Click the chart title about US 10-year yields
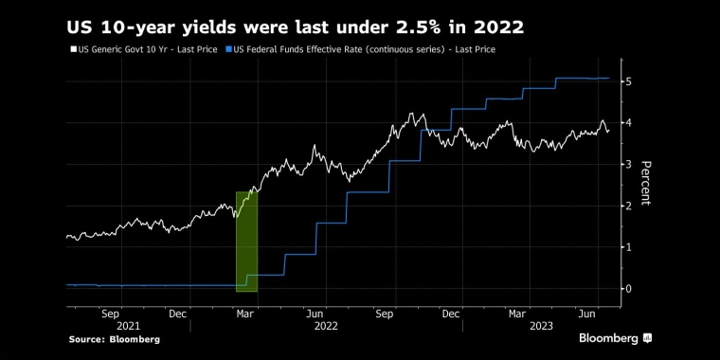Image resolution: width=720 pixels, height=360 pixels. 295,27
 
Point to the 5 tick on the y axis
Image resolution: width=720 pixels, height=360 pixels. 629,81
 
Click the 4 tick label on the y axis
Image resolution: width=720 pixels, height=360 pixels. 629,123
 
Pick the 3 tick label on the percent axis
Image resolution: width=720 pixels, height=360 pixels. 629,165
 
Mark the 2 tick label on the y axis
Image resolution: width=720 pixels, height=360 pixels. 629,206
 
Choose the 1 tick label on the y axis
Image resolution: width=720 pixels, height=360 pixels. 629,247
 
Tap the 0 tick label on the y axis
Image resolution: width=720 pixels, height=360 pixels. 629,289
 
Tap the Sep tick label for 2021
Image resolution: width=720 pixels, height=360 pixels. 109,313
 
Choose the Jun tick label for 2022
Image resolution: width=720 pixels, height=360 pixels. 317,313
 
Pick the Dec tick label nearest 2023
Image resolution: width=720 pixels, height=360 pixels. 451,313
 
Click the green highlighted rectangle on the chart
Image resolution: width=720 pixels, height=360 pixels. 246,242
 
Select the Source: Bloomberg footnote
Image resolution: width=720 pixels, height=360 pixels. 114,339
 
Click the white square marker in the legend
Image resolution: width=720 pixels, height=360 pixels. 73,49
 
